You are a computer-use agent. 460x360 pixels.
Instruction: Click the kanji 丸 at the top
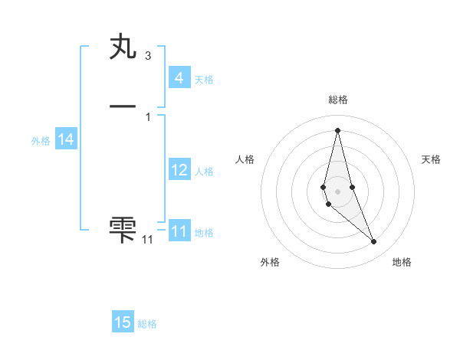pos(123,47)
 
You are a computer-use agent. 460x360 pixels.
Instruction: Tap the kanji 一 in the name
pos(123,106)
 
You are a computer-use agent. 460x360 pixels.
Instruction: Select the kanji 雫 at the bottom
pos(123,228)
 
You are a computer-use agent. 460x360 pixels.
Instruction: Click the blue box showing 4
pos(179,77)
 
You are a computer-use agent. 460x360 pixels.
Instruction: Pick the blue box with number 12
pos(179,170)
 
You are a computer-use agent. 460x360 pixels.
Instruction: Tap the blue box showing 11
pos(179,231)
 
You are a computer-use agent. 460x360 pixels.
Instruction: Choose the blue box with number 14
pos(65,139)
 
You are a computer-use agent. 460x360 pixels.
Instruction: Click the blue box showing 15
pos(123,322)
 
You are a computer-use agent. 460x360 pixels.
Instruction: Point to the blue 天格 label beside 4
pos(204,79)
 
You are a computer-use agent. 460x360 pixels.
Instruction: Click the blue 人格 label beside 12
pos(204,172)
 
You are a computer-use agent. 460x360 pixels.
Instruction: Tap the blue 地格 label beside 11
pos(204,233)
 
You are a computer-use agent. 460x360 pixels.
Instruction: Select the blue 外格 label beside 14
pos(41,141)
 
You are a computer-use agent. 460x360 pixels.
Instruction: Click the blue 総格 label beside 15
pos(147,324)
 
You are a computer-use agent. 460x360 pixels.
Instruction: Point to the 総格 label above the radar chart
pos(338,100)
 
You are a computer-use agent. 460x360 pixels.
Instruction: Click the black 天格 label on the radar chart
pos(431,159)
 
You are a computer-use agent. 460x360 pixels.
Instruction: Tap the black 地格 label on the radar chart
pos(402,262)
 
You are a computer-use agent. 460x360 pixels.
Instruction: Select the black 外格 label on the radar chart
pos(270,262)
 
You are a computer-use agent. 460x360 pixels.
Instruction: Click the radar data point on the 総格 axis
pos(337,129)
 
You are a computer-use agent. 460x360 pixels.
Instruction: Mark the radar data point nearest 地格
pos(374,242)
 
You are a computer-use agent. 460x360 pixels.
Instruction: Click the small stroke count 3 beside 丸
pos(147,56)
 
